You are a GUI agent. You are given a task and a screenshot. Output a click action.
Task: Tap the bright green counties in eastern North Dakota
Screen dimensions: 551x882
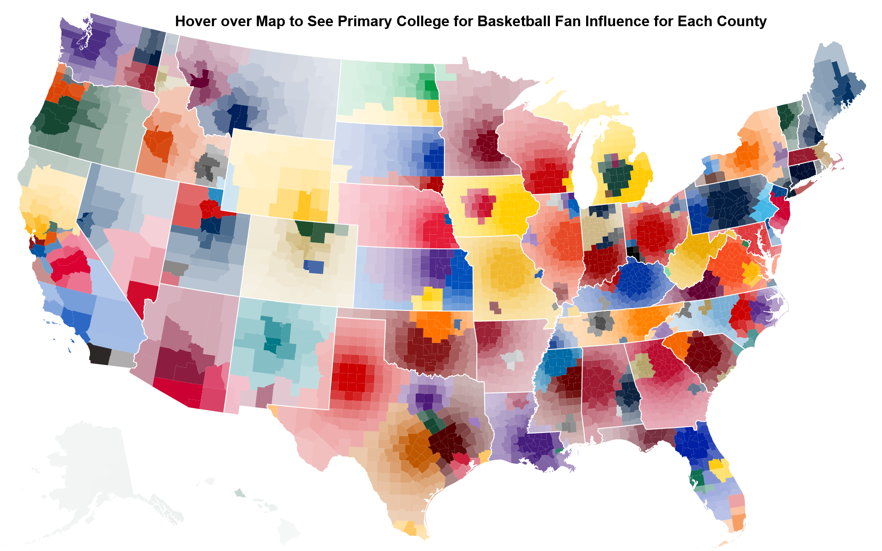[x=431, y=86]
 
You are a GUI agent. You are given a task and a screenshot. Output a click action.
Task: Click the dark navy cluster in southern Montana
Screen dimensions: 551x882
[x=239, y=117]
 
